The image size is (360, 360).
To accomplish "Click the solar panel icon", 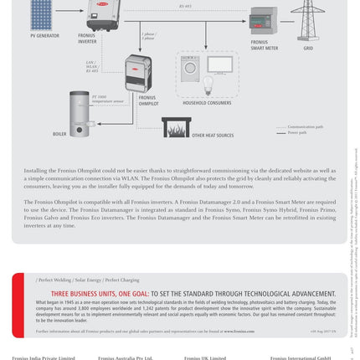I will tap(42, 13).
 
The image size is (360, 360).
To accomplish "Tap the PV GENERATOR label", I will tap(44, 36).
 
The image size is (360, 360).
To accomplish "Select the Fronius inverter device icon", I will tap(102, 13).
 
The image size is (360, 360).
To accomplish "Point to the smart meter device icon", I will tap(264, 20).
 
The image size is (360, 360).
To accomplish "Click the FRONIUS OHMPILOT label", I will tap(148, 100).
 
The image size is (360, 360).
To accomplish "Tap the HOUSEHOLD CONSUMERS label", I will tap(207, 103).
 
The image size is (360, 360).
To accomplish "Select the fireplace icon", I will tap(176, 127).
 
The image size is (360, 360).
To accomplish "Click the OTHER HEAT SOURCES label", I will tap(213, 135).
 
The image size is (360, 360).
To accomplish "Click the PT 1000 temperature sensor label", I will tap(108, 99).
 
